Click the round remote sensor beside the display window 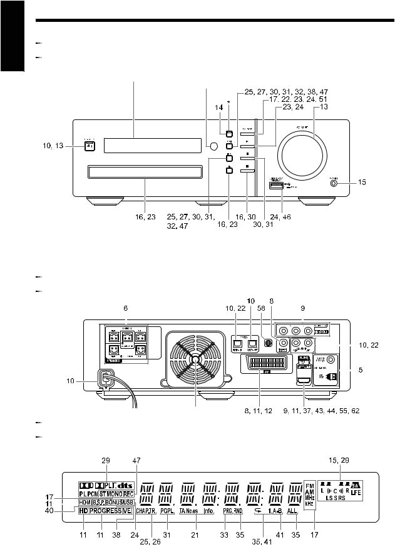[x=214, y=146]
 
